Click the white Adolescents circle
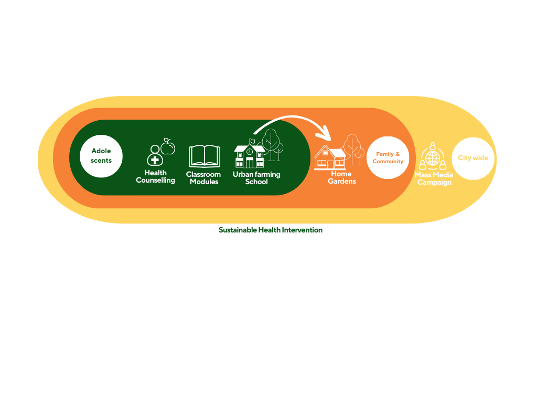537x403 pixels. click(x=101, y=156)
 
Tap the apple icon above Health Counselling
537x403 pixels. click(x=168, y=147)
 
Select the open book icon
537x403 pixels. click(x=205, y=156)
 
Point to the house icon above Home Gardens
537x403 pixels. click(x=330, y=157)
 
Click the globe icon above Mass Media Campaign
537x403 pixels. click(x=433, y=158)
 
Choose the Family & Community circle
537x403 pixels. click(x=388, y=157)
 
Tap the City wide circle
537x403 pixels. click(x=473, y=158)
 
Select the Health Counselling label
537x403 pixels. click(x=155, y=176)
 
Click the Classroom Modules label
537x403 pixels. click(x=204, y=178)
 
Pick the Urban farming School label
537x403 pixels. click(x=256, y=178)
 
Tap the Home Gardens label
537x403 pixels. click(x=342, y=177)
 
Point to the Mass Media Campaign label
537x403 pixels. click(x=434, y=178)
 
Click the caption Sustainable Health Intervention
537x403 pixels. click(x=271, y=230)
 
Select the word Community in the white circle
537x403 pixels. click(x=388, y=162)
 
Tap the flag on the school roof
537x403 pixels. click(x=252, y=141)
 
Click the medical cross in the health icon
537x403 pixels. click(x=155, y=160)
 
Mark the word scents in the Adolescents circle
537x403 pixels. click(x=101, y=161)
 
